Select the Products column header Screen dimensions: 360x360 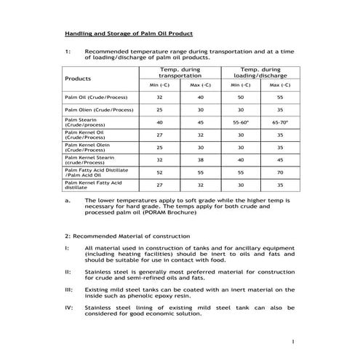click(x=78, y=77)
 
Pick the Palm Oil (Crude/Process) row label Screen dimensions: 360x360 click(x=95, y=97)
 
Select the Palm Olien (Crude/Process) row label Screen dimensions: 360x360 click(x=98, y=110)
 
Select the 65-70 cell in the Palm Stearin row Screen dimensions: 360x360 click(x=280, y=122)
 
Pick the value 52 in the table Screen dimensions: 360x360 click(x=159, y=172)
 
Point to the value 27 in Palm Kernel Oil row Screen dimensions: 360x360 click(x=159, y=135)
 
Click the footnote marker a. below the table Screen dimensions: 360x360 click(x=67, y=199)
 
